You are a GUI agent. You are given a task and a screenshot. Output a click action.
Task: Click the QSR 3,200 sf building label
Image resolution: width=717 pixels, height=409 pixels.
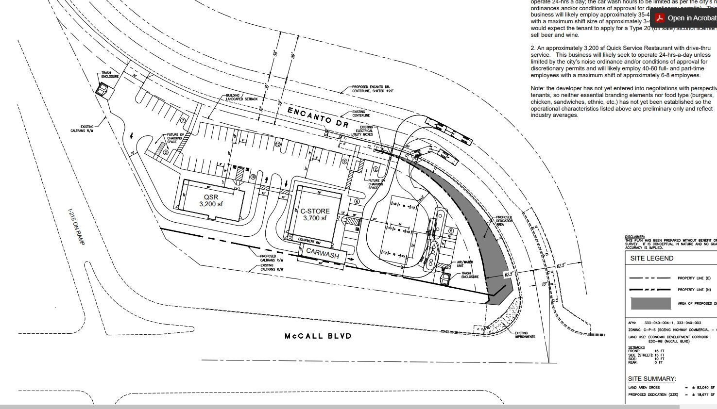pyautogui.click(x=211, y=200)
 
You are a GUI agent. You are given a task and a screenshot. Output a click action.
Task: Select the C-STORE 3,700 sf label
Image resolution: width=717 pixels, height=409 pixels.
pyautogui.click(x=315, y=214)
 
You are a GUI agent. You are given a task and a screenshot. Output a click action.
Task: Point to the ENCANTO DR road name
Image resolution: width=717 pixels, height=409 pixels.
pyautogui.click(x=318, y=117)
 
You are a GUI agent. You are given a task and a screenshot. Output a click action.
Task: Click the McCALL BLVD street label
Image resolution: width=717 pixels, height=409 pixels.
pyautogui.click(x=318, y=336)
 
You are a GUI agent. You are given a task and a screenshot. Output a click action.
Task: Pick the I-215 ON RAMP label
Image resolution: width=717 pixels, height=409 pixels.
pyautogui.click(x=76, y=227)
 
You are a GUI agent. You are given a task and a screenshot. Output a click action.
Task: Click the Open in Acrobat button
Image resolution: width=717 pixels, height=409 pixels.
pyautogui.click(x=692, y=18)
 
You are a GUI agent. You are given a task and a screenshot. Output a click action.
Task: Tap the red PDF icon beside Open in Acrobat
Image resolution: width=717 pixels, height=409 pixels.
pyautogui.click(x=659, y=18)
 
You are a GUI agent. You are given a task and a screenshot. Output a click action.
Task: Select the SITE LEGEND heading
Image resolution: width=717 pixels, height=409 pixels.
pyautogui.click(x=651, y=258)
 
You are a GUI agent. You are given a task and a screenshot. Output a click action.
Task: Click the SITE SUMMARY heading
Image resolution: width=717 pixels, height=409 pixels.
pyautogui.click(x=651, y=378)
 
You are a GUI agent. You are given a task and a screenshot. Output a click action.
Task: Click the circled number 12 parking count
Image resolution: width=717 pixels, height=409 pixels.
pyautogui.click(x=278, y=144)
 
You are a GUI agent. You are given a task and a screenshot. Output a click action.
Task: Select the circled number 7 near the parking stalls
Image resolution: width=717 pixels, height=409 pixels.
pyautogui.click(x=183, y=120)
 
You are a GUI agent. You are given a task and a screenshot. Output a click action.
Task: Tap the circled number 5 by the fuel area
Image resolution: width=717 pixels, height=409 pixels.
pyautogui.click(x=451, y=231)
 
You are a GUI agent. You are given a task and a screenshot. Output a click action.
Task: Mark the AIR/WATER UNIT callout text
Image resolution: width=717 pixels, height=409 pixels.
pyautogui.click(x=465, y=264)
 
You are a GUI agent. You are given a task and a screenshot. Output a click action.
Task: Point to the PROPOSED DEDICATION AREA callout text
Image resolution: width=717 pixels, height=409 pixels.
pyautogui.click(x=504, y=221)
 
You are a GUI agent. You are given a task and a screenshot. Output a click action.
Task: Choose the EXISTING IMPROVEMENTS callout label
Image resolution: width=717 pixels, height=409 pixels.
pyautogui.click(x=525, y=335)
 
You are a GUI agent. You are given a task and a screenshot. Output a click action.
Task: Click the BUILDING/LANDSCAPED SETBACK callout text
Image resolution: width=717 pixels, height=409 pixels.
pyautogui.click(x=241, y=97)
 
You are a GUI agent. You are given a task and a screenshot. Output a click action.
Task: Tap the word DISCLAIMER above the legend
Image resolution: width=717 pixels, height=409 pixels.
pyautogui.click(x=634, y=237)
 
